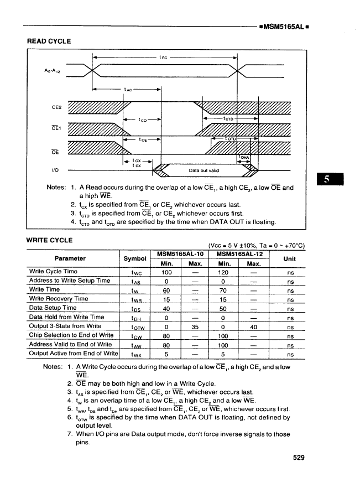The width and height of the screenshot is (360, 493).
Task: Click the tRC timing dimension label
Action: pos(164,56)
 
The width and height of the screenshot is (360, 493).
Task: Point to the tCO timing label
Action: pos(143,118)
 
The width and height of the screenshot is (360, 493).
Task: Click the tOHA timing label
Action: pos(244,157)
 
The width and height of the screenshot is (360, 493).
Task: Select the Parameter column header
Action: pos(71,258)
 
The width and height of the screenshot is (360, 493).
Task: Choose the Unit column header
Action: pos(289,258)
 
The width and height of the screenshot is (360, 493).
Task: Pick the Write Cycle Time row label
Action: pos(53,272)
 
